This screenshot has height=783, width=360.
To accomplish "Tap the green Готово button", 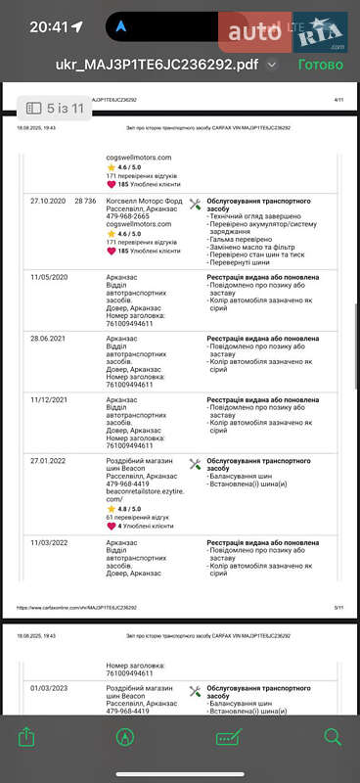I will coord(320,65).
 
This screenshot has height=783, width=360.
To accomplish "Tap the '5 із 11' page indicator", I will coord(57,109).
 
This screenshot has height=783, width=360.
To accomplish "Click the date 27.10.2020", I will coord(47,201).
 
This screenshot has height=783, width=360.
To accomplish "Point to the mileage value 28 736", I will coord(85,201).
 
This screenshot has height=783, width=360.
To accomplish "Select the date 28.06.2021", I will coord(47,339).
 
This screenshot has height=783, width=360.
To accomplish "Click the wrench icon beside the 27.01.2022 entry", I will coord(195,464).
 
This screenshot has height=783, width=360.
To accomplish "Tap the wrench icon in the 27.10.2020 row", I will coord(195,205).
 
